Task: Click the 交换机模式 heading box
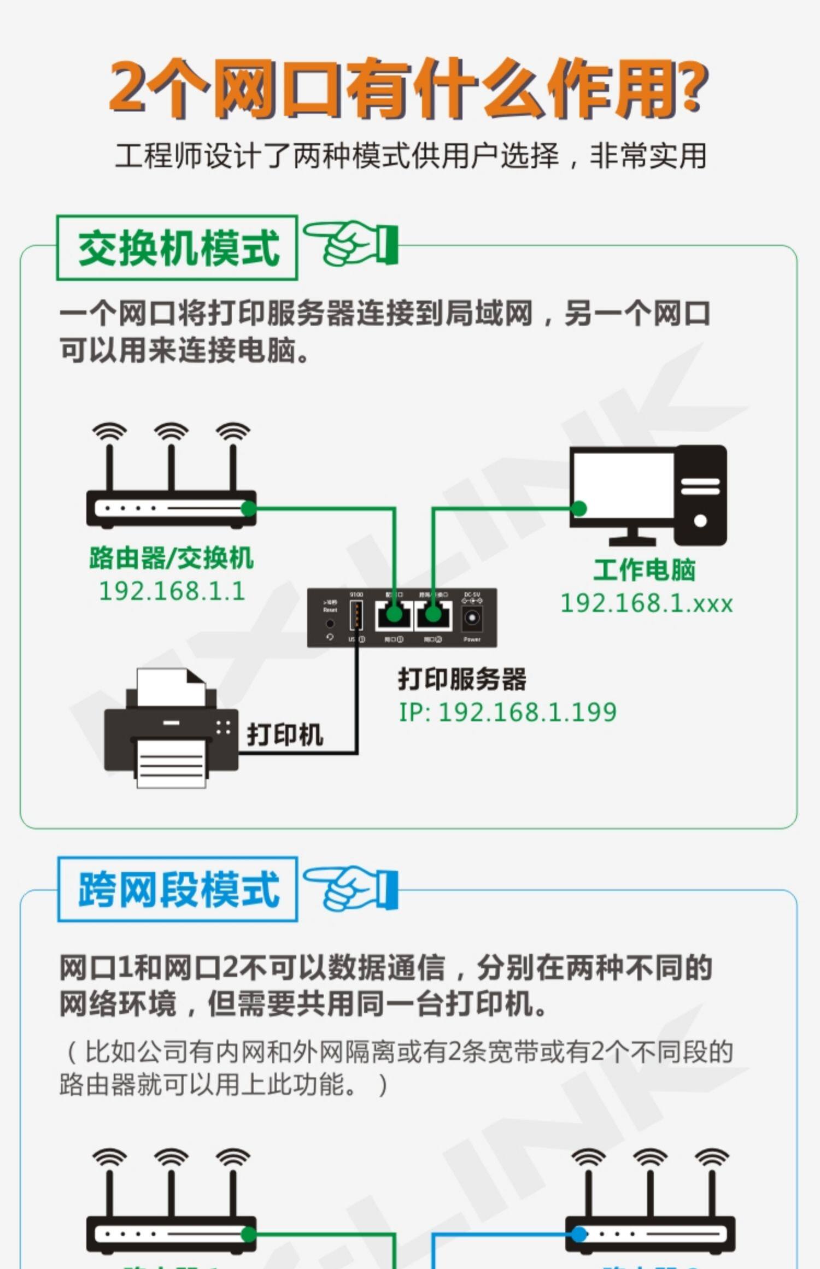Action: coord(177,248)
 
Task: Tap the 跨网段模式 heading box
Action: coord(178,889)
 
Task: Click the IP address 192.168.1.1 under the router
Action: coord(172,591)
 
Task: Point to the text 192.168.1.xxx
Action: coord(647,603)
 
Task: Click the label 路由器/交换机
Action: coord(172,558)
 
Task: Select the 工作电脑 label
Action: coord(645,570)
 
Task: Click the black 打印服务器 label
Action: coord(462,679)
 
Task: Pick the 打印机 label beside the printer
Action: coord(285,734)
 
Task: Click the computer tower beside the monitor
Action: coord(700,495)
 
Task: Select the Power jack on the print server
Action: coord(472,619)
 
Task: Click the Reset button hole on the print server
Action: coord(330,624)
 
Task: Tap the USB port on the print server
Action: coord(356,615)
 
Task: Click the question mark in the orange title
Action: coord(689,87)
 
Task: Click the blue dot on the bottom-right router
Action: coord(579,1234)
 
